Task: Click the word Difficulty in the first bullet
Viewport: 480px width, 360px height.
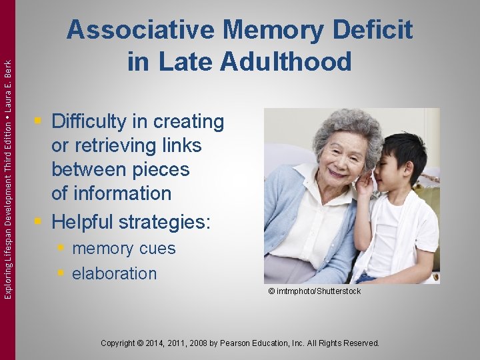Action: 100,121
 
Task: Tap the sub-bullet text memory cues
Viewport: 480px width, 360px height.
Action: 123,249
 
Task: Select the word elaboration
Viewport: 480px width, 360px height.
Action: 114,273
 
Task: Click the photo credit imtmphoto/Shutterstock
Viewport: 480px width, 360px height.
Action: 315,291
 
